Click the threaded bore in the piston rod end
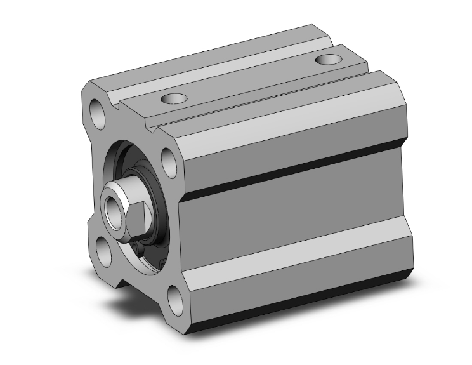[x=115, y=205]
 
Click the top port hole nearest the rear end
[x=328, y=60]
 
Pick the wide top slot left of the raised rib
[x=209, y=63]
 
